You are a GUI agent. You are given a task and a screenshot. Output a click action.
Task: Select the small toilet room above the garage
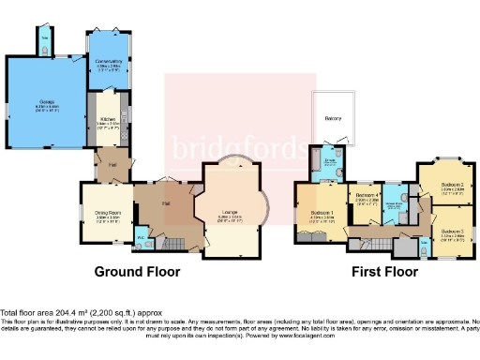(47, 42)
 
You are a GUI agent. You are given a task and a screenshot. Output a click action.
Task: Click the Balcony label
(333, 119)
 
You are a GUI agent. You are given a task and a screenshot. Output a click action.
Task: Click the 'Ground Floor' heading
(136, 272)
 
